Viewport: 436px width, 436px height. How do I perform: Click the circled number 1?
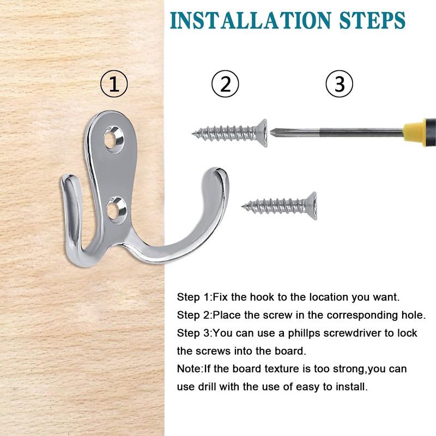[x=114, y=83]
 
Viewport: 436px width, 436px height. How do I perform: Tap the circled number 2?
[x=225, y=83]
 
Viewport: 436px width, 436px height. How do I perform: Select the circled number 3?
[x=339, y=83]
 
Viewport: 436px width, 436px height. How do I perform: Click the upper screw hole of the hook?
[x=113, y=138]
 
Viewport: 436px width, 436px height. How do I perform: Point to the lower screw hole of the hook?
[x=116, y=210]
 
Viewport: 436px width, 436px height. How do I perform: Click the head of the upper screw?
[x=263, y=133]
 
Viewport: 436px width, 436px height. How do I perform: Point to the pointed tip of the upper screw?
[x=193, y=134]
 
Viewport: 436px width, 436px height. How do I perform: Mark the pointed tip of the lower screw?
[x=243, y=206]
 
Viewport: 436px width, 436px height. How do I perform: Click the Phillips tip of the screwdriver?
[x=272, y=131]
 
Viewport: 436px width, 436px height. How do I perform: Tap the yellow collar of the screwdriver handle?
[x=414, y=132]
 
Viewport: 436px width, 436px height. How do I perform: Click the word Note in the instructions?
[x=189, y=369]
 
